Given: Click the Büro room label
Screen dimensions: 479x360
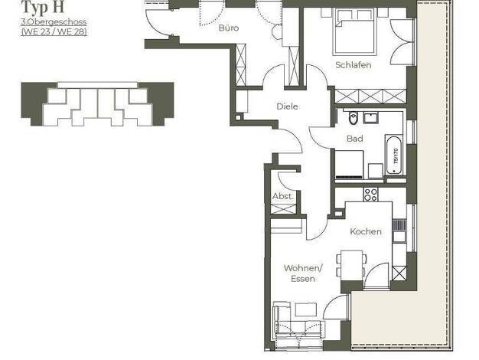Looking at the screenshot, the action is pyautogui.click(x=229, y=28).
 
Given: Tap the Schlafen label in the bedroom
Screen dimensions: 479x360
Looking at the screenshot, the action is pyautogui.click(x=354, y=65).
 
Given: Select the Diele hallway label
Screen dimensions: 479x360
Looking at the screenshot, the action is pyautogui.click(x=287, y=106).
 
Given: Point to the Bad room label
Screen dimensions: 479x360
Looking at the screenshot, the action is pyautogui.click(x=355, y=139).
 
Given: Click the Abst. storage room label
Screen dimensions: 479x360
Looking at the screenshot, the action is pyautogui.click(x=283, y=196).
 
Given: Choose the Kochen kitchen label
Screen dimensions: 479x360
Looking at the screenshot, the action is pyautogui.click(x=366, y=231).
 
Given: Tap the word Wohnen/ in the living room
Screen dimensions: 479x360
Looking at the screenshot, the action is pyautogui.click(x=303, y=268).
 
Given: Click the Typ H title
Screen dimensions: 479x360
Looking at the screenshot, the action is pyautogui.click(x=43, y=7).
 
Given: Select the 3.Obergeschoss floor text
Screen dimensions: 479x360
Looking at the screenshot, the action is pyautogui.click(x=54, y=22).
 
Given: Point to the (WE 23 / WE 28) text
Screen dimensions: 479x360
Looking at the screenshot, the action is pyautogui.click(x=54, y=32).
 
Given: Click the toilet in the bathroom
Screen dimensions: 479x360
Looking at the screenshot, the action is pyautogui.click(x=353, y=118).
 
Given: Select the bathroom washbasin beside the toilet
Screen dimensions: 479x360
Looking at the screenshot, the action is pyautogui.click(x=371, y=118).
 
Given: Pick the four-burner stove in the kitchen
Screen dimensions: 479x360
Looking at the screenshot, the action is pyautogui.click(x=370, y=195).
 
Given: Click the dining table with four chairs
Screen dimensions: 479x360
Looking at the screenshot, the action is pyautogui.click(x=352, y=265).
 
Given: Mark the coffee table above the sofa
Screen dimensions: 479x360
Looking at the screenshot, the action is pyautogui.click(x=306, y=309).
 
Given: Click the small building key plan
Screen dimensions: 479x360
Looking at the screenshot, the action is pyautogui.click(x=97, y=104).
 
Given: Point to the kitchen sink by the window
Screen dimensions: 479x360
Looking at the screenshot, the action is pyautogui.click(x=399, y=237).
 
